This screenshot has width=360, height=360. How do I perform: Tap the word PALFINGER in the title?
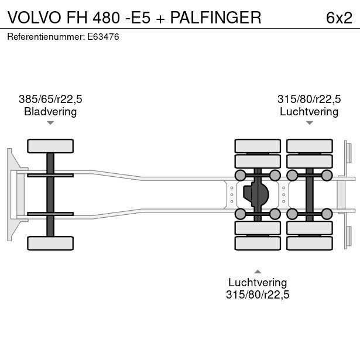(216, 18)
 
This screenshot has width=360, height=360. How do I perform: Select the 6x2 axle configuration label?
(339, 18)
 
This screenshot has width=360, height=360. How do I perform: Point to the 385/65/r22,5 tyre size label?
(50, 100)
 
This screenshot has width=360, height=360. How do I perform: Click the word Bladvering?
(50, 111)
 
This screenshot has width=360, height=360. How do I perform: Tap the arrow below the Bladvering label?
(50, 123)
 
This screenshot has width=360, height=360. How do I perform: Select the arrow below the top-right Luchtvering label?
(309, 123)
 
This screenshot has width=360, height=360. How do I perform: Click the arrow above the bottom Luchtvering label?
(258, 271)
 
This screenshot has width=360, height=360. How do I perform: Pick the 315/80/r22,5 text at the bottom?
(258, 294)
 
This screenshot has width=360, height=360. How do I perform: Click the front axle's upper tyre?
(50, 146)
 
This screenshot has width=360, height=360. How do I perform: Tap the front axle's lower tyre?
(50, 243)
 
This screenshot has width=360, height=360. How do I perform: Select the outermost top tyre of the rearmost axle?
(309, 146)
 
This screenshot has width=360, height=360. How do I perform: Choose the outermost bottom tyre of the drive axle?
(258, 243)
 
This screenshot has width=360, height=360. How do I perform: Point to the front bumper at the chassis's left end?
(10, 194)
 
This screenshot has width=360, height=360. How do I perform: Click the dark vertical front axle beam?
(50, 194)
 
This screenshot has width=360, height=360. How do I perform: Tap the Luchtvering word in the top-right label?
(309, 111)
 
